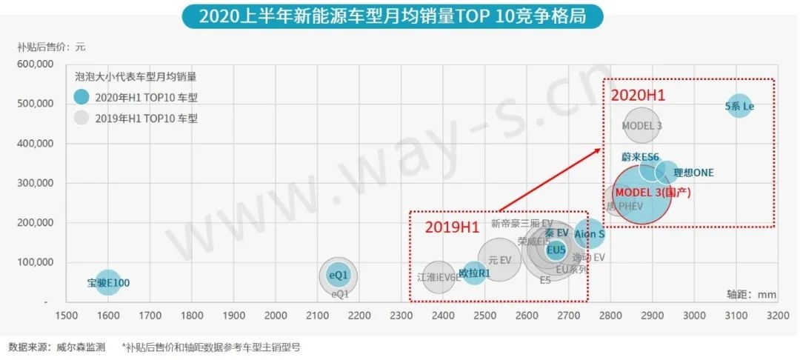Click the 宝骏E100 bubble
pyautogui.click(x=108, y=282)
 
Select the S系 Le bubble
pyautogui.click(x=739, y=106)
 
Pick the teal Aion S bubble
pyautogui.click(x=590, y=234)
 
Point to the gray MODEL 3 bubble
pyautogui.click(x=641, y=126)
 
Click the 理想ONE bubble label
pyautogui.click(x=693, y=173)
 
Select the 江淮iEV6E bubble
pyautogui.click(x=439, y=278)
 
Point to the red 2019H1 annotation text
pyautogui.click(x=452, y=227)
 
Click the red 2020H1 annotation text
pyautogui.click(x=638, y=96)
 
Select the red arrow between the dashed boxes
pyautogui.click(x=549, y=180)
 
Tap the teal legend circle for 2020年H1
pyautogui.click(x=82, y=97)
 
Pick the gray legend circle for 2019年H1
pyautogui.click(x=82, y=118)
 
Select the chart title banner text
pyautogui.click(x=393, y=16)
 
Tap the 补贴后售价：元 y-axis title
pyautogui.click(x=51, y=47)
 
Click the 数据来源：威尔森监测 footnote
pyautogui.click(x=57, y=347)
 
